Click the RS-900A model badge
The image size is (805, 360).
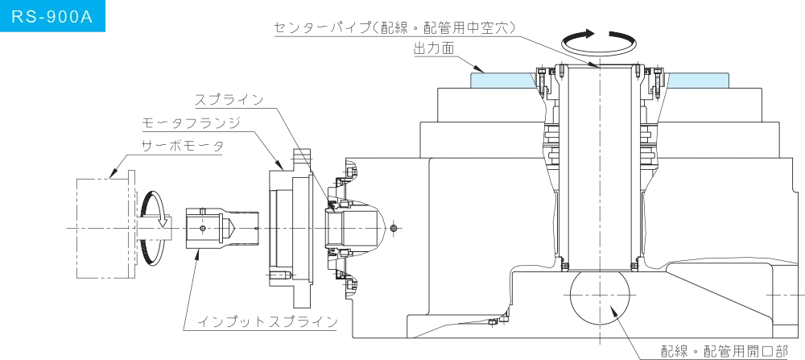click(x=52, y=16)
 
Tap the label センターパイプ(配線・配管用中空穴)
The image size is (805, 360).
click(x=394, y=27)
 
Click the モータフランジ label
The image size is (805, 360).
click(x=192, y=123)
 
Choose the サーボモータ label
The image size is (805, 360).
click(x=182, y=147)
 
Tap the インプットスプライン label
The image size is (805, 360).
click(x=267, y=321)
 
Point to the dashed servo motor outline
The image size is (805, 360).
click(x=76, y=228)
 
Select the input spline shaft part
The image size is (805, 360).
click(x=222, y=228)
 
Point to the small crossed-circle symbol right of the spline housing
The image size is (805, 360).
click(x=394, y=228)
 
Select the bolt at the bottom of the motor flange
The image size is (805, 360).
click(x=279, y=275)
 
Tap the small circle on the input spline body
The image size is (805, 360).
click(x=204, y=228)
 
